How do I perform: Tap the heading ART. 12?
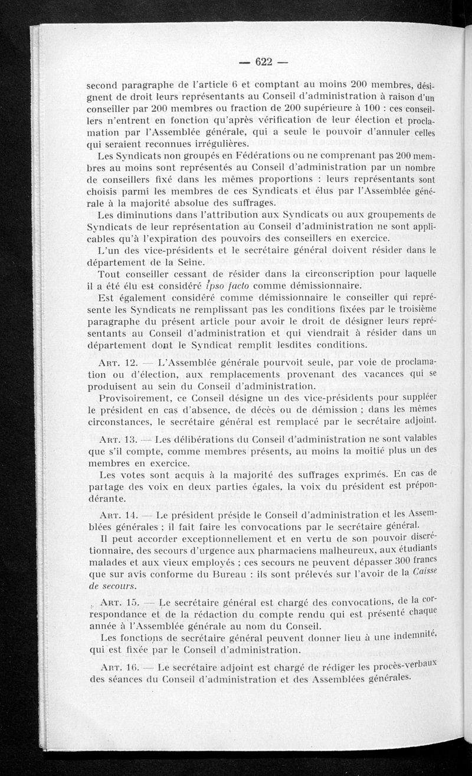pos(120,361)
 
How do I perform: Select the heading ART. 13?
pos(119,439)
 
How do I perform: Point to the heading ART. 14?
pos(119,514)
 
